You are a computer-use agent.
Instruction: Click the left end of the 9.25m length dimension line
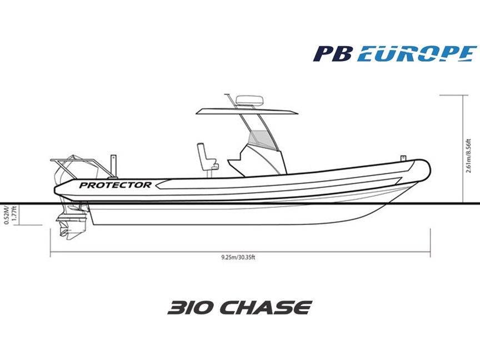[x=51, y=252]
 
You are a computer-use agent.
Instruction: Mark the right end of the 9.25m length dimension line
[x=431, y=252]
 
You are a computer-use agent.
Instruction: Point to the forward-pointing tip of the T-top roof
[x=298, y=113]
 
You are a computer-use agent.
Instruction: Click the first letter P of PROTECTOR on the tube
[x=83, y=185]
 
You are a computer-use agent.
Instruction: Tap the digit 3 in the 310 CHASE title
[x=176, y=307]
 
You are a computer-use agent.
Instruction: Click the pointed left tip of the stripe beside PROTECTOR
[x=156, y=185]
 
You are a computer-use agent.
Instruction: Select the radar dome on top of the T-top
[x=249, y=100]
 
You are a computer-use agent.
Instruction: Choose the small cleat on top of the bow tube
[x=403, y=158]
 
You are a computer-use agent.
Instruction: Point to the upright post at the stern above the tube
[x=113, y=166]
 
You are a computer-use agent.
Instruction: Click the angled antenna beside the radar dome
[x=230, y=101]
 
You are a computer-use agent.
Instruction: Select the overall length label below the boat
[x=238, y=257]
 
